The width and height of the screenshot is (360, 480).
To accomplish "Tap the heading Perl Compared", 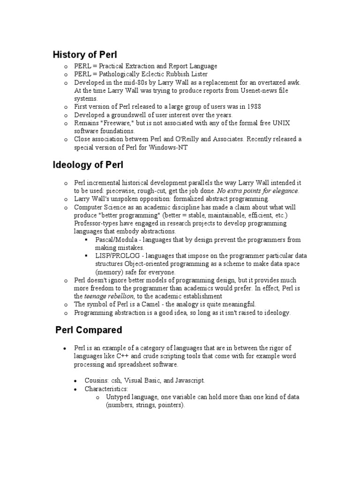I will pos(89,330).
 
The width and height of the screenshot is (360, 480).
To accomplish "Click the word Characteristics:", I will pos(106,389).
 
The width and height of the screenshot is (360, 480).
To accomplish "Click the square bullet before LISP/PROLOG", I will pos(86,256).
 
